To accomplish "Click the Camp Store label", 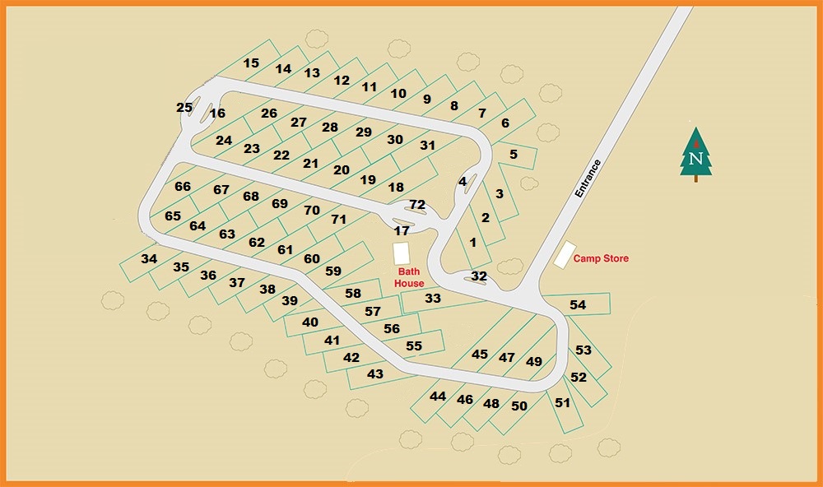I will pos(601,258).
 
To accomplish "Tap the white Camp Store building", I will pos(564,254).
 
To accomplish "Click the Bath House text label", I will pos(409,277).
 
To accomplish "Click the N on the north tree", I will pos(696,158).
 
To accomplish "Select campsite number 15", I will pos(251,63).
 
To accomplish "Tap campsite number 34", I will pos(149,258).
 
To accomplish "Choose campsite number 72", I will pos(417,204).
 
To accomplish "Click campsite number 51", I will pos(562,403).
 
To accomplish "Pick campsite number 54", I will pos(578,305).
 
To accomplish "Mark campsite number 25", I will pos(184,108).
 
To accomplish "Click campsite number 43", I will pos(375,374).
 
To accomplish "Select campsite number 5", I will pos(513,154).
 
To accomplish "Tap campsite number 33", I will pos(433,299).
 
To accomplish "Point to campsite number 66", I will pos(183,187).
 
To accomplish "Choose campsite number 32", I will pos(479,276).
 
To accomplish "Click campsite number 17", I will pos(402,231).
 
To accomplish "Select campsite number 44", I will pos(438,397).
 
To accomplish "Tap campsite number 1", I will pos(472,242).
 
